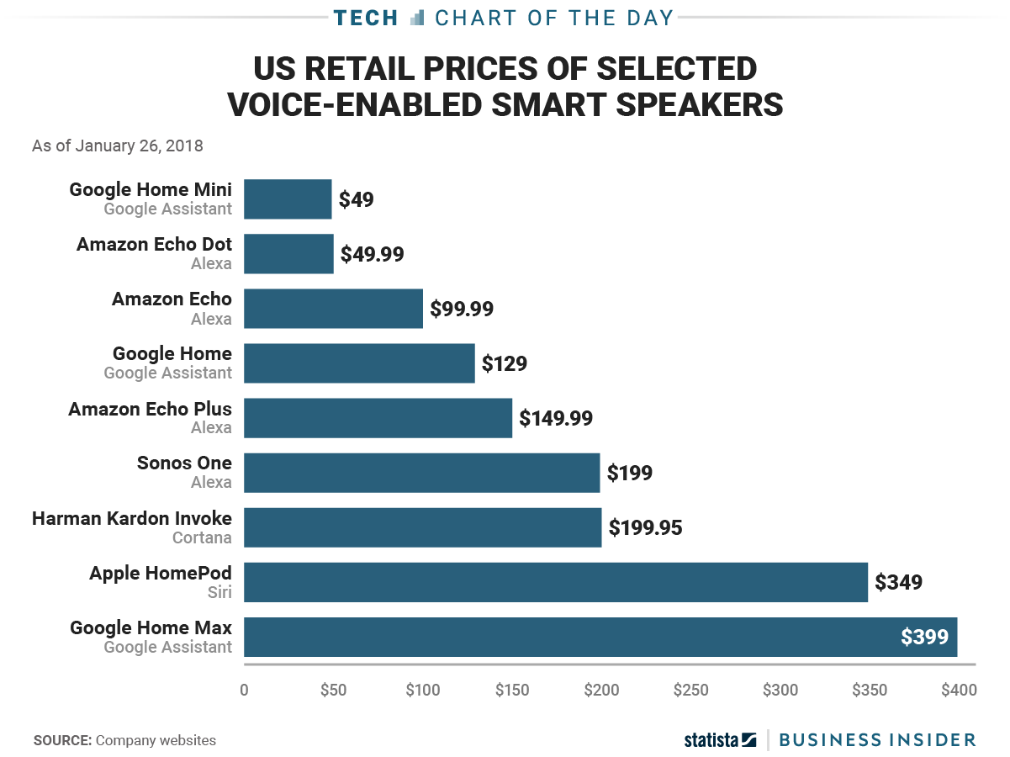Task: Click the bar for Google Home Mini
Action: [x=288, y=199]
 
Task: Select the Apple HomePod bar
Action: [x=555, y=582]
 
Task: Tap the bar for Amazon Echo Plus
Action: [x=378, y=418]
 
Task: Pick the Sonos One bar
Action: [x=421, y=473]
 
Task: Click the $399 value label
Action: [x=924, y=637]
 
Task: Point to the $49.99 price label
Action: [x=372, y=254]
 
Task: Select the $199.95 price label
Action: [x=645, y=527]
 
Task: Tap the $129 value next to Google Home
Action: [x=504, y=363]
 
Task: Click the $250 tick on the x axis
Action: [x=691, y=691]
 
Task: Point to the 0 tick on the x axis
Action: [x=244, y=691]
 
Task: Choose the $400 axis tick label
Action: [x=959, y=691]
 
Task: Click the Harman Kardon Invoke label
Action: [x=132, y=518]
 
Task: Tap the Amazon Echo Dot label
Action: [x=154, y=244]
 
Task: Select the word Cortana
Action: [x=202, y=537]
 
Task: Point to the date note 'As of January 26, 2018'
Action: [x=118, y=146]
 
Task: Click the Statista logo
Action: [x=720, y=740]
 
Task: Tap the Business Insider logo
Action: [x=877, y=740]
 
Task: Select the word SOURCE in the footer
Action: [x=62, y=741]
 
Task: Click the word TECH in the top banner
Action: [x=366, y=18]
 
